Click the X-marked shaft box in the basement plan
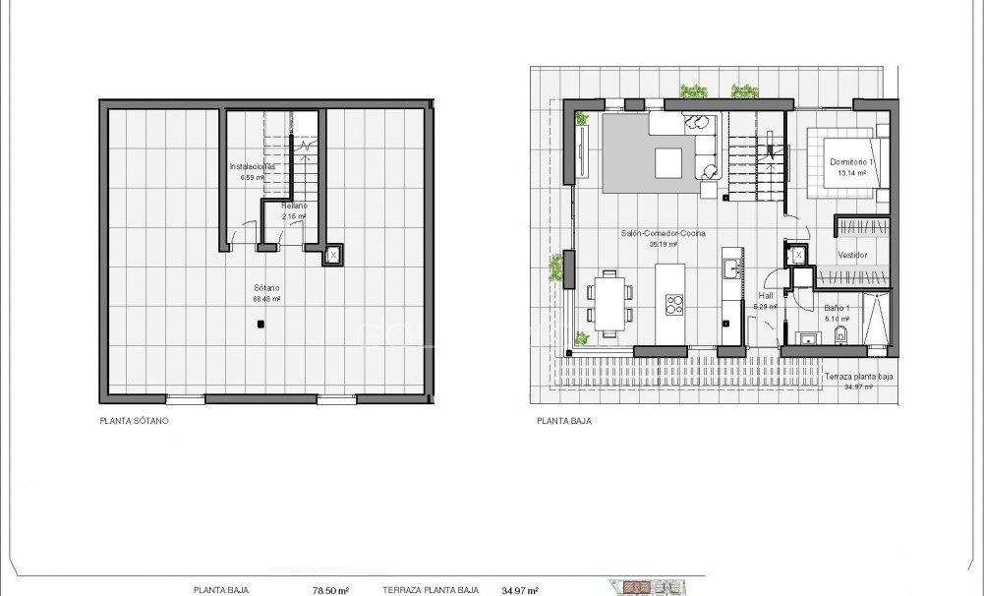333,256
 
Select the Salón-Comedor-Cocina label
665,234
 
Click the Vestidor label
851,255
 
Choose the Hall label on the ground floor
767,295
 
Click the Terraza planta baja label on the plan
858,377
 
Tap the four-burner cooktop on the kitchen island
674,306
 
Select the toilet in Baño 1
839,338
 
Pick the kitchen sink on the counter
731,268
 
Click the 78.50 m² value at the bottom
329,590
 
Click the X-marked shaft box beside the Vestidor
798,256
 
